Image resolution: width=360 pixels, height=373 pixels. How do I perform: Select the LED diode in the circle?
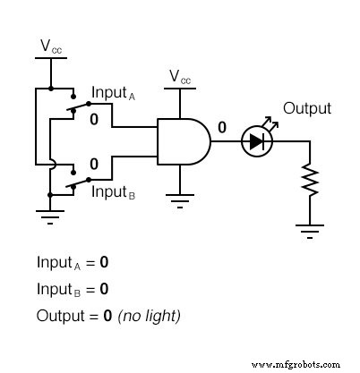pos(257,141)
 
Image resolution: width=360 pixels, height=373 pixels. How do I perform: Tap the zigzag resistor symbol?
pos(311,182)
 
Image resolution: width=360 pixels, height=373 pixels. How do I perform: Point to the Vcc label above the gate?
pos(181,78)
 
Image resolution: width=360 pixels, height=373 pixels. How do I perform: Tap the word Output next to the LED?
pos(307,108)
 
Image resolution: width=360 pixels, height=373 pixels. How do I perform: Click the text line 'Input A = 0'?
pos(73,264)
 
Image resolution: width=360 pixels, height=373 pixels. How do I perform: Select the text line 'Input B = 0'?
pos(73,290)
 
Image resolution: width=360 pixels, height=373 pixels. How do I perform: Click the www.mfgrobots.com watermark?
pos(296,364)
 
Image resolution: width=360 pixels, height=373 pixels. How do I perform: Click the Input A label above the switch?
pos(114,93)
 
